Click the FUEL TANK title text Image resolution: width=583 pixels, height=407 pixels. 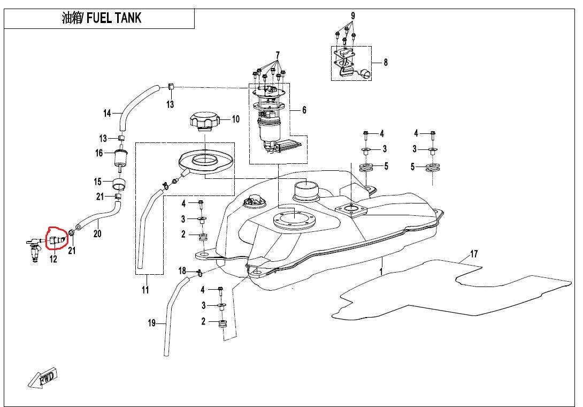tap(102, 18)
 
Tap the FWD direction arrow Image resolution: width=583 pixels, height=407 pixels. tap(43, 379)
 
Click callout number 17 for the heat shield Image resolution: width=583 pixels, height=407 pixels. tap(473, 253)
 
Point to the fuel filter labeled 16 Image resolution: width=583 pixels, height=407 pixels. tap(120, 157)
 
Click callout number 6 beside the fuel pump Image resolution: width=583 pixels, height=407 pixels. tap(304, 110)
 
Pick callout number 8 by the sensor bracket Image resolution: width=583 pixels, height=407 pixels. tap(385, 62)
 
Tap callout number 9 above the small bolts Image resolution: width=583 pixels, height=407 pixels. tap(352, 16)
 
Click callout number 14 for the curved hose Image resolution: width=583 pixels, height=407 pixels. tap(107, 113)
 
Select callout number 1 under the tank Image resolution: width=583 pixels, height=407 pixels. tap(381, 272)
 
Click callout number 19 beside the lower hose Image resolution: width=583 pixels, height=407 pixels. tap(151, 323)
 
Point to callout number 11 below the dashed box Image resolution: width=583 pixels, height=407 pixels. tap(145, 290)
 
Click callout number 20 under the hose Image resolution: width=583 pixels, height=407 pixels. tap(97, 233)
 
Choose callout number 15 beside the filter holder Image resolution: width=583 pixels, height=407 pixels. tap(98, 182)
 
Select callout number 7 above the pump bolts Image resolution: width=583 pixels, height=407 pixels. tap(278, 55)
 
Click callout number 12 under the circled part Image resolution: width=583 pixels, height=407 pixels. tap(53, 260)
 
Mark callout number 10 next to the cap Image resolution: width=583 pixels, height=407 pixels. tap(235, 119)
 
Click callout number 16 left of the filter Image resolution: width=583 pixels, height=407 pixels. tap(99, 154)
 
